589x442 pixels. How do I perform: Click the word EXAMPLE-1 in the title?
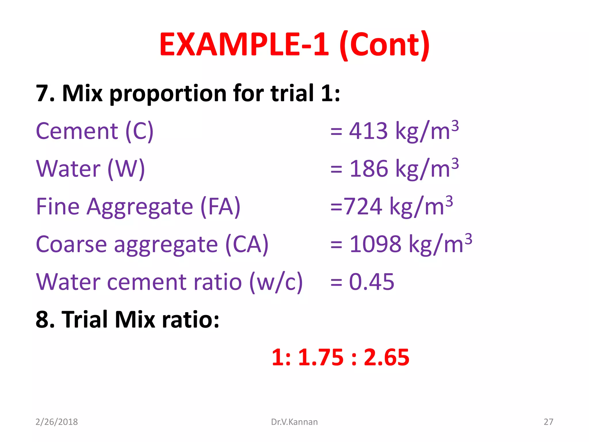(x=244, y=45)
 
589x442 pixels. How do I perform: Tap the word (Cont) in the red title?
(x=385, y=45)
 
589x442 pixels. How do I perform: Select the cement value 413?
(x=368, y=131)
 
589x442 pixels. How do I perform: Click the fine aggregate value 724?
(x=364, y=206)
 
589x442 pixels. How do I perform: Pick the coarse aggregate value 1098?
(x=375, y=244)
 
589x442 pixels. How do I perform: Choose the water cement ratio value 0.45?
(x=372, y=282)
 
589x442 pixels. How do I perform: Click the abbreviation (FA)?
(x=220, y=206)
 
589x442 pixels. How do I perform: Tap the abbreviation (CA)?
(x=247, y=244)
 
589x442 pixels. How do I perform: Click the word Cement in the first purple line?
(x=77, y=131)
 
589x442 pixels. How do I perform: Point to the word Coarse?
(x=71, y=244)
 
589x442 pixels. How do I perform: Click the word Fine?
(x=58, y=206)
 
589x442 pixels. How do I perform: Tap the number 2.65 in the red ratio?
(x=386, y=357)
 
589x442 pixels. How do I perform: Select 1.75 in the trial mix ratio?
(x=321, y=357)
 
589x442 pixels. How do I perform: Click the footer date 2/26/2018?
(x=57, y=422)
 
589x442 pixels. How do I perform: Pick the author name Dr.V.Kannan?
(x=294, y=422)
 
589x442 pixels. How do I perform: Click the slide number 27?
(x=548, y=422)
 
